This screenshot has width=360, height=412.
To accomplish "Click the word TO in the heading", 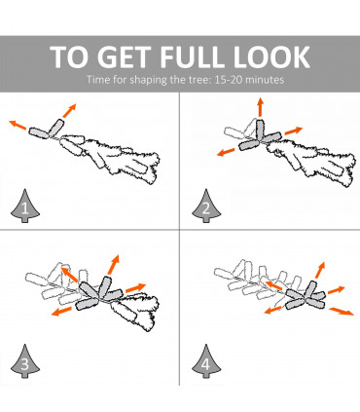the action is pyautogui.click(x=69, y=57).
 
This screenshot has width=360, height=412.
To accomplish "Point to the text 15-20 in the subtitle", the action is pyautogui.click(x=226, y=80).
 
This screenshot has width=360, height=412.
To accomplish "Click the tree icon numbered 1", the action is pyautogui.click(x=25, y=206).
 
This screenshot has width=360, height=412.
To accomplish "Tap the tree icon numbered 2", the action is pyautogui.click(x=206, y=206).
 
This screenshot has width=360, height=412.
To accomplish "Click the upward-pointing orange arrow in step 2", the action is pyautogui.click(x=260, y=106).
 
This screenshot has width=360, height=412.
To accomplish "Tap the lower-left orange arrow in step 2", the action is pyautogui.click(x=226, y=152).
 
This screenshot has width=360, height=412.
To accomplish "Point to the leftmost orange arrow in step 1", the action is pyautogui.click(x=18, y=125).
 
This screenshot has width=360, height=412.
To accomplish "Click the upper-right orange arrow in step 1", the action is pyautogui.click(x=69, y=111).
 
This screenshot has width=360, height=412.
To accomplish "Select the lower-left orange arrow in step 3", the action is pyautogui.click(x=61, y=312).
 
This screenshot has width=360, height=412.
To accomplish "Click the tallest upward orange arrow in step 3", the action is pyautogui.click(x=114, y=264).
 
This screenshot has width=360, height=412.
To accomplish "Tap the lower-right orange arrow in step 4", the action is pyautogui.click(x=342, y=312).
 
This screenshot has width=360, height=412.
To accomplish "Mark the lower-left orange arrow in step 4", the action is pyautogui.click(x=272, y=310).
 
